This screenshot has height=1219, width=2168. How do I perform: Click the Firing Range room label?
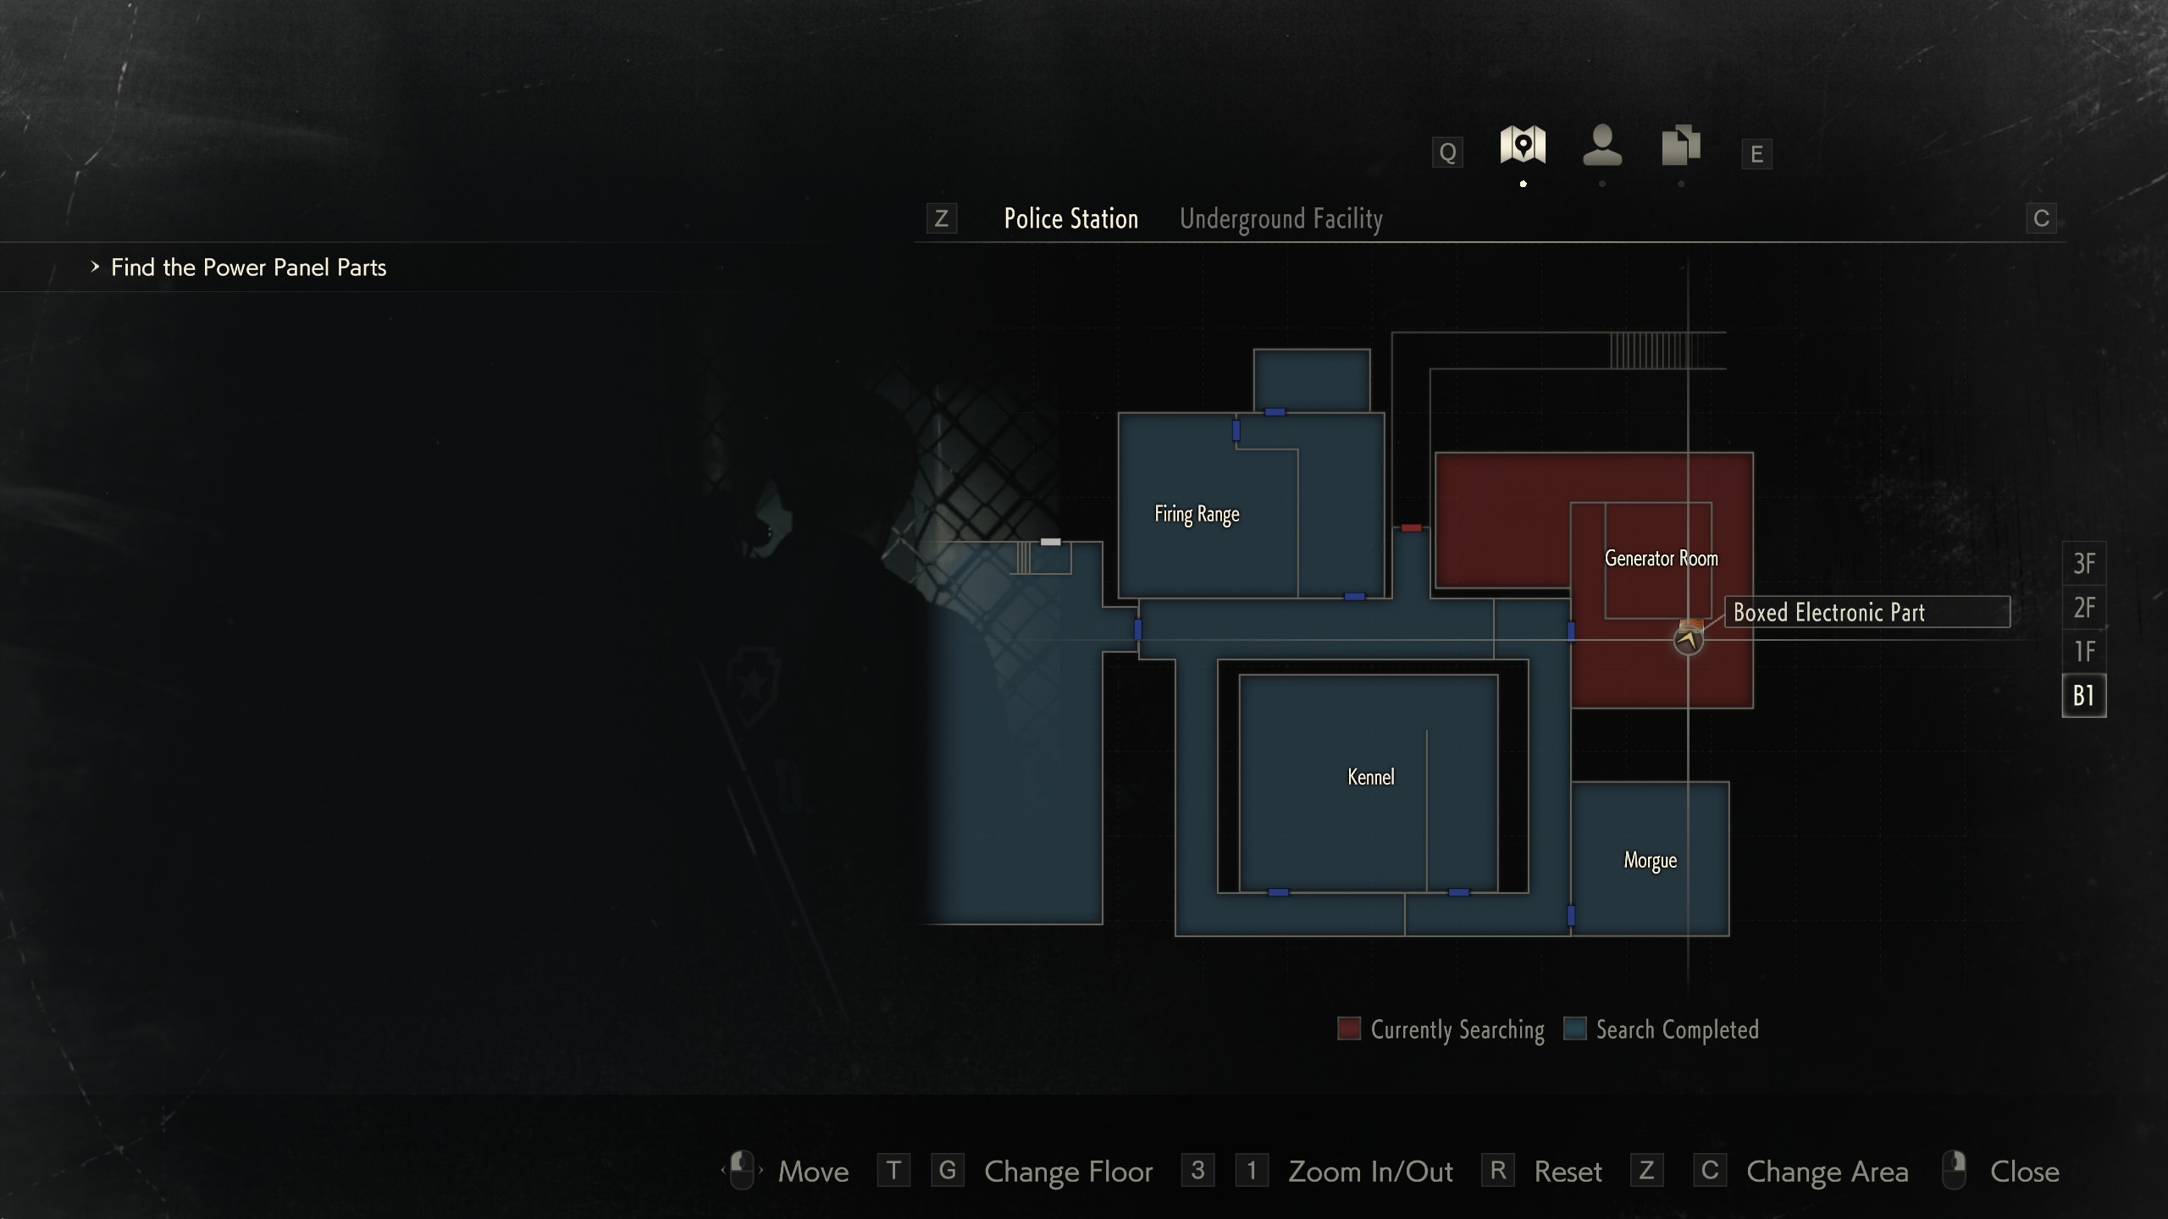tap(1197, 514)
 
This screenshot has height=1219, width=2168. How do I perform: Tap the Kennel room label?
tap(1370, 777)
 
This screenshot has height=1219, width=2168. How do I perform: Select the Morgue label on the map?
tap(1650, 860)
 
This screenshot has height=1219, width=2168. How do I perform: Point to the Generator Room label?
tap(1661, 559)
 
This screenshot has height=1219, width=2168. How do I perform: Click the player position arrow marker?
tap(1688, 640)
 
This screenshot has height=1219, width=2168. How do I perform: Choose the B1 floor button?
tap(2083, 696)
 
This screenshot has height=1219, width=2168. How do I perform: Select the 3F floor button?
tap(2083, 564)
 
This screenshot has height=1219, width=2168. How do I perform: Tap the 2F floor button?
tap(2083, 608)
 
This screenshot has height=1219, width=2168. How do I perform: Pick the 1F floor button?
tap(2083, 652)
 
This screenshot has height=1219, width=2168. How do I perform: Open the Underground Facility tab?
tap(1280, 219)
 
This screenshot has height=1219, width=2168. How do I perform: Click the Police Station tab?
tap(1070, 219)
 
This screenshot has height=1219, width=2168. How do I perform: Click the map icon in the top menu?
tap(1523, 146)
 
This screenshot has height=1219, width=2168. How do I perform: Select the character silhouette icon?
tap(1601, 146)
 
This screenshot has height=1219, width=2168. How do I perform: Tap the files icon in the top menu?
tap(1680, 146)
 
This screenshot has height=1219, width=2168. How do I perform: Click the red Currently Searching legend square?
tap(1349, 1029)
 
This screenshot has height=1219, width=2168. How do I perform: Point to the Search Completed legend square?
tap(1574, 1029)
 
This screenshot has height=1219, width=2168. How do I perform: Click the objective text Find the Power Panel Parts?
tap(248, 268)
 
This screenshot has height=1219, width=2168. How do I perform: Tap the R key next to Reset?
tap(1497, 1171)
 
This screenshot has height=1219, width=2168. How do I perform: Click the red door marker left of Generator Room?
tap(1411, 528)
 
